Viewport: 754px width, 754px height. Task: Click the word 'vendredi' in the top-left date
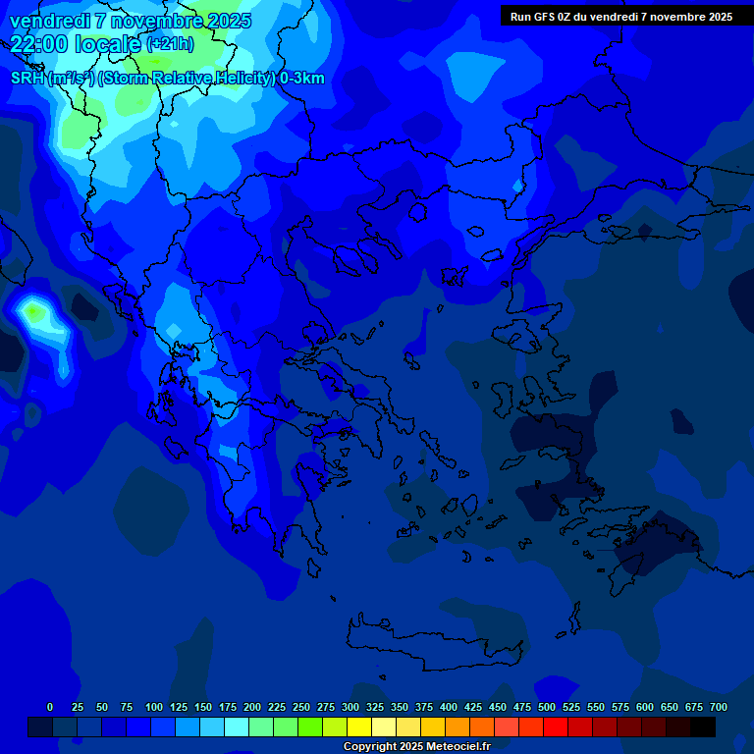49,21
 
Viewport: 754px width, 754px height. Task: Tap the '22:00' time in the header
38,43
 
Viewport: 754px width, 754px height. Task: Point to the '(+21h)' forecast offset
170,44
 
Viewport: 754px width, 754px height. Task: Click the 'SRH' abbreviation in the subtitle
27,79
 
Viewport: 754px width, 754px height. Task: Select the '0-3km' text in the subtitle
301,79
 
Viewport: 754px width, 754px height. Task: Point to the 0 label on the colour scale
50,707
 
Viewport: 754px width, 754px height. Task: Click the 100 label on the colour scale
154,707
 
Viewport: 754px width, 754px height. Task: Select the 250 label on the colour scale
301,707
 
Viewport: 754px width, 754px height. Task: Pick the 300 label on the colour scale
350,707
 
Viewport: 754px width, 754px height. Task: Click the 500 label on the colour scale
547,707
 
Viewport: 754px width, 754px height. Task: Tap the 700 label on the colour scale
719,707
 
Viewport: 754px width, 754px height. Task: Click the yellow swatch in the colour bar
359,727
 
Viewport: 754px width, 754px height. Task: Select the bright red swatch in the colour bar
556,727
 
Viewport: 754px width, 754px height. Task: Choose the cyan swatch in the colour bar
237,727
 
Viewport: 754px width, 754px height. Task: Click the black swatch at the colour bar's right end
703,727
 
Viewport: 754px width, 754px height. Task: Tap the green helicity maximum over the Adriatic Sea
35,313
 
